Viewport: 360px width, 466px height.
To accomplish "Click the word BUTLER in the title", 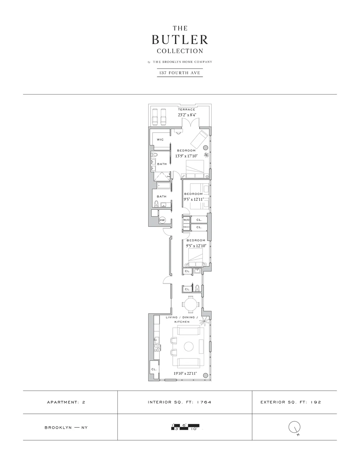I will coord(180,40).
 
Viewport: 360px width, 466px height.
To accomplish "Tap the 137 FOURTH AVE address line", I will coord(180,73).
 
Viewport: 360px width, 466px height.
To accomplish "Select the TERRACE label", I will coord(186,109).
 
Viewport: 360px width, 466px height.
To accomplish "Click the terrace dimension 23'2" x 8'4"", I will coord(187,115).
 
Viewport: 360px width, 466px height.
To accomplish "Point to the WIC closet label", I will coord(160,139).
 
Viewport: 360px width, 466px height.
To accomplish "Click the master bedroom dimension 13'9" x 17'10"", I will coord(186,156).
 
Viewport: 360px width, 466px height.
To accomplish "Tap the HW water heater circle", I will coord(162,220).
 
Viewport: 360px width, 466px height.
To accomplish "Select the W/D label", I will coord(186,220).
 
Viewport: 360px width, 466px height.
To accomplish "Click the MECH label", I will coord(186,227).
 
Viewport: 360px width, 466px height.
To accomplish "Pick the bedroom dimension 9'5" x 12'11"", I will coord(193,199).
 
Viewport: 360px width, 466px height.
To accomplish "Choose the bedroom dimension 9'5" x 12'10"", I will coord(196,246).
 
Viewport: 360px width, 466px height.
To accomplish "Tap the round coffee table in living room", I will coord(189,346).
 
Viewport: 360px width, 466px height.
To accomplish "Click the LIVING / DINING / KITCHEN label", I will coord(182,320).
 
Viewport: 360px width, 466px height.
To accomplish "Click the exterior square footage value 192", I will coord(316,402).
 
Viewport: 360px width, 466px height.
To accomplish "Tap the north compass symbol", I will coord(294,427).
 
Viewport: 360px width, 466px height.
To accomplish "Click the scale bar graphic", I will coord(185,427).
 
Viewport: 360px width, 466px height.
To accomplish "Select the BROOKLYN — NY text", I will coord(66,427).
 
